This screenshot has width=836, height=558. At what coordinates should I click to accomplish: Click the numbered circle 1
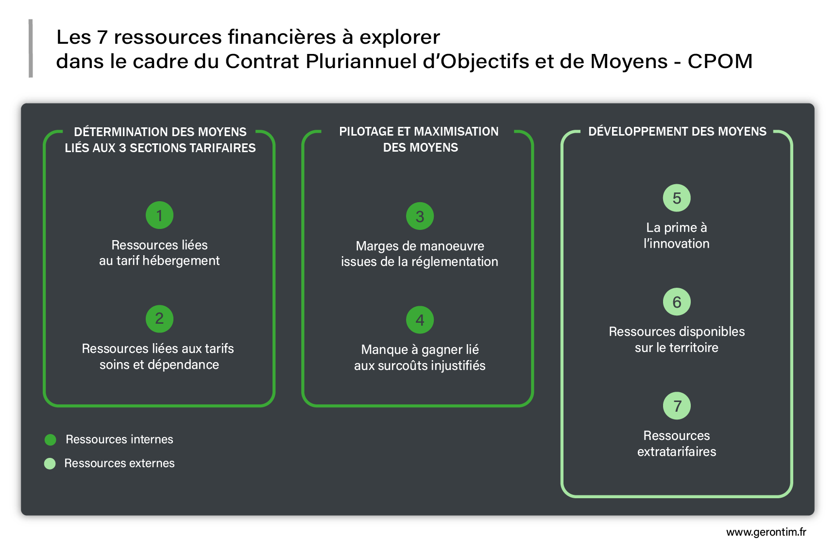point(159,215)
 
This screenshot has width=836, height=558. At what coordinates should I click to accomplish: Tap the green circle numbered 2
point(159,319)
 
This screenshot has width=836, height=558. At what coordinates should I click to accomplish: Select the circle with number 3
point(420,216)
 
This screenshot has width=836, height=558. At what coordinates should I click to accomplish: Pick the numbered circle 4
point(420,320)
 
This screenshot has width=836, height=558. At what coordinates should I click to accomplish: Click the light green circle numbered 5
point(677,198)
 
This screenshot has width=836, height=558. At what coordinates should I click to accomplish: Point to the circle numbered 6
point(677,302)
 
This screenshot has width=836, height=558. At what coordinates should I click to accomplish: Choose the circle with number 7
point(677,406)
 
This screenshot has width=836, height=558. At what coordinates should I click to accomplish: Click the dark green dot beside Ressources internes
point(50,440)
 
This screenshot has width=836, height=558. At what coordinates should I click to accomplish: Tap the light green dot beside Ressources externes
point(50,464)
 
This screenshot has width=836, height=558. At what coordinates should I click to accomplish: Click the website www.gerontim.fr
point(766,532)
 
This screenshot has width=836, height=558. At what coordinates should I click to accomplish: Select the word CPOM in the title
point(720,61)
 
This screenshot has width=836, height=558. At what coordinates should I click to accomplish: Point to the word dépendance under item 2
point(183,365)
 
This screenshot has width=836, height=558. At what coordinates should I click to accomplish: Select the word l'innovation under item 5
point(677,244)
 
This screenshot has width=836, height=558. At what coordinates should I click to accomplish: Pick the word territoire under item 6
point(694,348)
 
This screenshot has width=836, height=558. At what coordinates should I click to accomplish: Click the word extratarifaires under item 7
point(677,452)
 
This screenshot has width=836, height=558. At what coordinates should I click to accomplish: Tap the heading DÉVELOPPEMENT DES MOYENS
point(677,131)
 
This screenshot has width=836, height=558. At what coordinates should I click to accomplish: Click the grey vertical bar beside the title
point(31,49)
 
